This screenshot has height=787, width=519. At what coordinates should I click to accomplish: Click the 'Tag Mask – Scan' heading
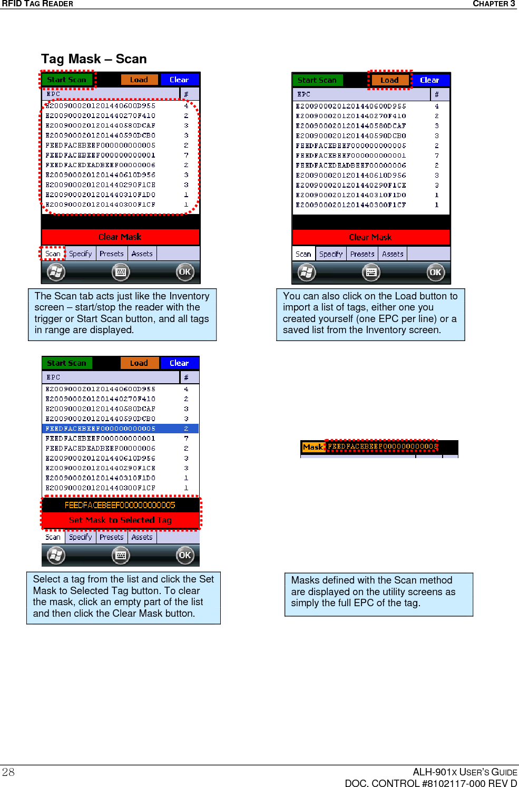[94, 59]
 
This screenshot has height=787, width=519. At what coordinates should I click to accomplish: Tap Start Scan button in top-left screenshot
[67, 80]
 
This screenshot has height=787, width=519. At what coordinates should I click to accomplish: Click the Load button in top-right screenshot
[389, 80]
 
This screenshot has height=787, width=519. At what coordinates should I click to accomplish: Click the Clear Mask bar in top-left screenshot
[120, 237]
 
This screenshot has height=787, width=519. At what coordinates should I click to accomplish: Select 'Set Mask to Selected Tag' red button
[120, 520]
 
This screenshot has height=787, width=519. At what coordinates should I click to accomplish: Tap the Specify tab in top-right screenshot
[331, 254]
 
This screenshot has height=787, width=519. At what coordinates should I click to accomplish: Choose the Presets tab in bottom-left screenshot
[112, 537]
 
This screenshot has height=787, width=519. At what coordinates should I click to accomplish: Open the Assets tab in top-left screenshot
[142, 254]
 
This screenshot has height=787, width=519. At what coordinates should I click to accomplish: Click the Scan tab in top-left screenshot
[53, 254]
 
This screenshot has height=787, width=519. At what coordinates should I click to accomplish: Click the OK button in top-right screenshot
[435, 273]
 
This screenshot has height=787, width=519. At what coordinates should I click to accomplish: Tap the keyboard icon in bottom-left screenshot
[121, 555]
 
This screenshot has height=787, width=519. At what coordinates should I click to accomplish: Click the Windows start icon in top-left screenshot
[56, 272]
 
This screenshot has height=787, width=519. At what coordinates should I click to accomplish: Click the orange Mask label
[313, 447]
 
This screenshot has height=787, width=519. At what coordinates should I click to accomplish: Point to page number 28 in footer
[8, 772]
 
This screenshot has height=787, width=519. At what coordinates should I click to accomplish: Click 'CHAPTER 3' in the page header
[494, 4]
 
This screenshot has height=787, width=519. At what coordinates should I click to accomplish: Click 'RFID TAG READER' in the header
[37, 4]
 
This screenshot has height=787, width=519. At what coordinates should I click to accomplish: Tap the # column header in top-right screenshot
[437, 94]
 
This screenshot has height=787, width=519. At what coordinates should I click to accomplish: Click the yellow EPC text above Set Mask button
[120, 505]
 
